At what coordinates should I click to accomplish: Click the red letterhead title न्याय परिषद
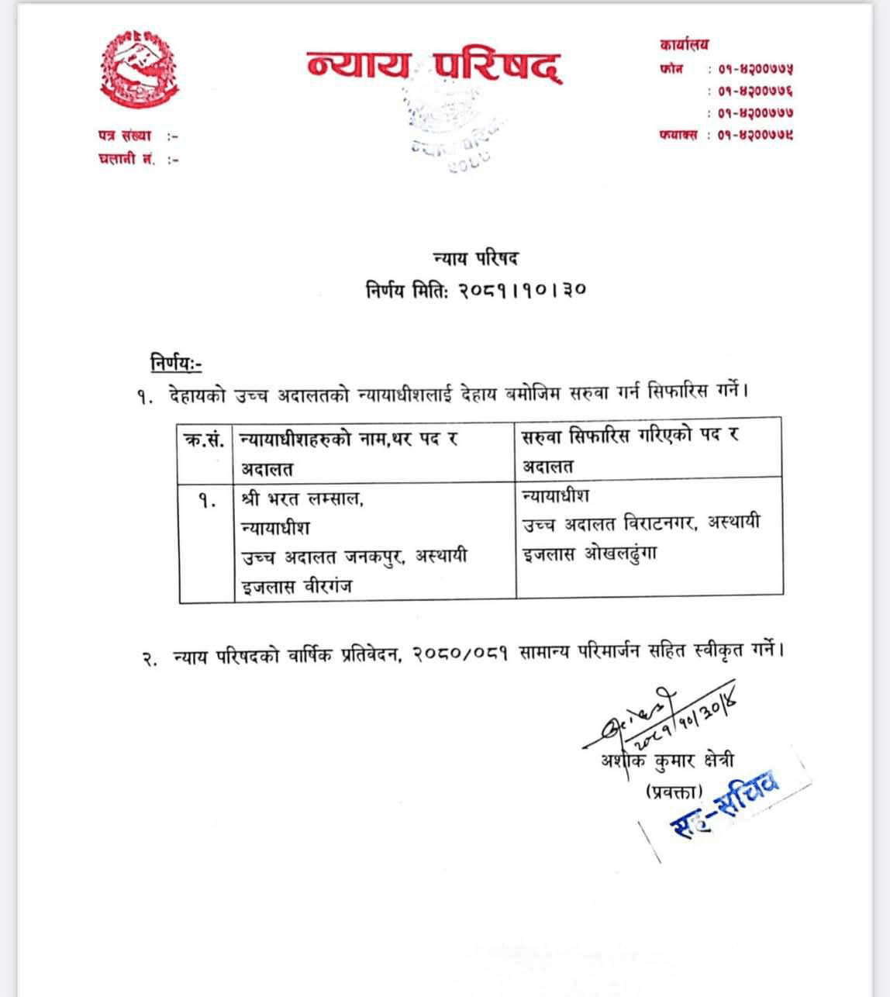433,67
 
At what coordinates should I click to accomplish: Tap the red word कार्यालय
684,45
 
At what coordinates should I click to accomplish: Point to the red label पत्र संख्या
125,136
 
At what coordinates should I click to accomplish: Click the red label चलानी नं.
127,160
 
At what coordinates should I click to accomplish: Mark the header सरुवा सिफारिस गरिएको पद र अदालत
630,450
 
